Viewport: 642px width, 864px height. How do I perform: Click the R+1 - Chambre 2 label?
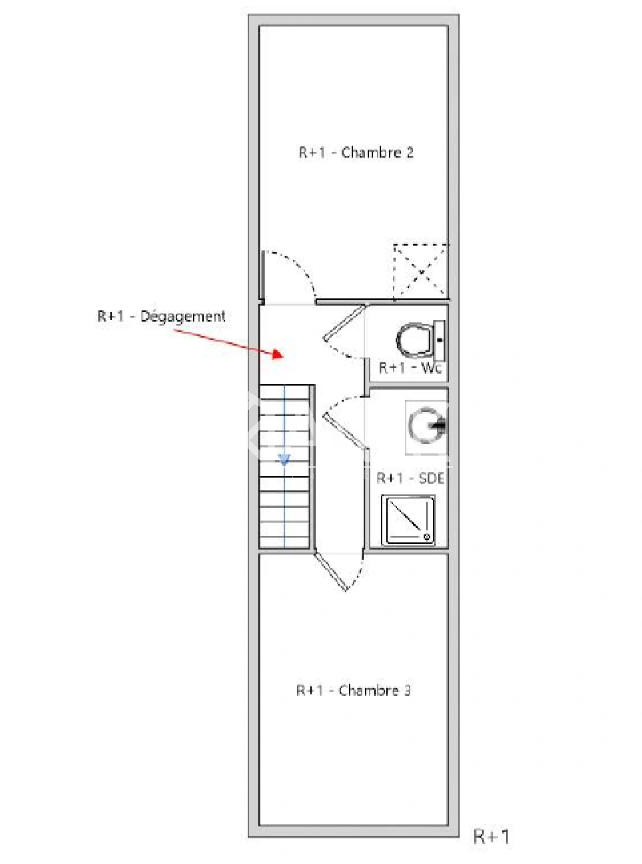tap(356, 153)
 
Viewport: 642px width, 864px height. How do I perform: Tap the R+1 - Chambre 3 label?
tap(353, 690)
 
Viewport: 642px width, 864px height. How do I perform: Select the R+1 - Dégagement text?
tap(161, 317)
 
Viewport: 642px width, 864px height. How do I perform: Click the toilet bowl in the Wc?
tap(415, 340)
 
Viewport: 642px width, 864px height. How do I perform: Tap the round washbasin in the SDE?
tap(425, 426)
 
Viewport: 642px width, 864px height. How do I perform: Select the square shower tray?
tap(409, 521)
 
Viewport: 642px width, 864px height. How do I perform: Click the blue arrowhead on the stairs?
tap(284, 459)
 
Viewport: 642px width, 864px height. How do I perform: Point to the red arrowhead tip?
tap(281, 354)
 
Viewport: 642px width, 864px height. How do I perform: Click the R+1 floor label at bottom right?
tap(492, 837)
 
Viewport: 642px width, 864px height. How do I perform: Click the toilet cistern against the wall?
tap(439, 340)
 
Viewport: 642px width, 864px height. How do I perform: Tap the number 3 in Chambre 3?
tap(407, 690)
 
